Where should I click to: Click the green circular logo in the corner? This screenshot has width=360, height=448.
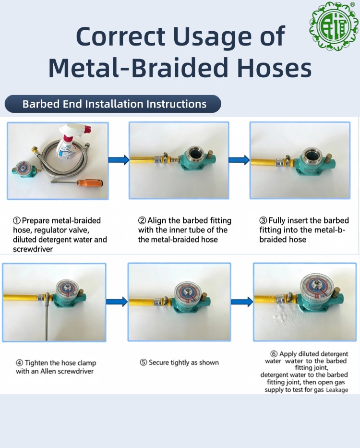[334, 26]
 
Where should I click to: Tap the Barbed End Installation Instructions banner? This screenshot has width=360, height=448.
[113, 104]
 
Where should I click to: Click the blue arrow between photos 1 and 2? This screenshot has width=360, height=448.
[119, 159]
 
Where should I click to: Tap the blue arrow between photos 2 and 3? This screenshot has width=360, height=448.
[240, 159]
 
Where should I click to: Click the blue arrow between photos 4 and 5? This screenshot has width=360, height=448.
[117, 302]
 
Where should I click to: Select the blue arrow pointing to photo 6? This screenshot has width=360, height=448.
[242, 302]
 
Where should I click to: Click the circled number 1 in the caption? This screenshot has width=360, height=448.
[17, 220]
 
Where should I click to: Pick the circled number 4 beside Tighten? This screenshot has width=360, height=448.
[19, 363]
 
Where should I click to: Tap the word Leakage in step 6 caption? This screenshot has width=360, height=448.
[337, 390]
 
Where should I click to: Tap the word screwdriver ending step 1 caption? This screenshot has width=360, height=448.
[33, 249]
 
